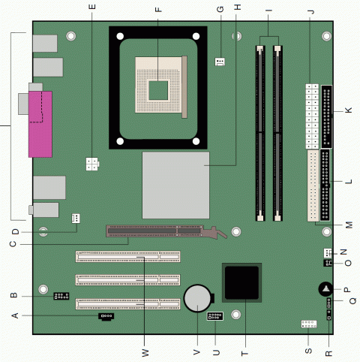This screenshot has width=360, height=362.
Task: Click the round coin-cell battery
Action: (197, 298)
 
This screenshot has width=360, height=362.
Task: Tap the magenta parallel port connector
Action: (40, 125)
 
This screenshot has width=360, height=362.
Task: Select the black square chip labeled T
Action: (241, 282)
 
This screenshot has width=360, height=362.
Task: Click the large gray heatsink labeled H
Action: (175, 185)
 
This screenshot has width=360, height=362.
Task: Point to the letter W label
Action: (145, 353)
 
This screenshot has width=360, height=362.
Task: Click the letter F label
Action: (158, 10)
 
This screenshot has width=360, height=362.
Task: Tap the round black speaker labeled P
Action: (325, 289)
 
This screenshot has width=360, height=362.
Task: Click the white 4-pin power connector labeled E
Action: (92, 164)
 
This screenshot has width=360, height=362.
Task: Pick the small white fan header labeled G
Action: (220, 62)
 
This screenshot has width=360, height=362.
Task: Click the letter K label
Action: (349, 110)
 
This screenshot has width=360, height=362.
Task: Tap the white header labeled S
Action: (309, 324)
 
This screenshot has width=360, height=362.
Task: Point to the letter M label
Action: (349, 225)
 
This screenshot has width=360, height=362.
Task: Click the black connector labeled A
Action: (106, 316)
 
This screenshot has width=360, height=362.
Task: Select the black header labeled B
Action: (61, 296)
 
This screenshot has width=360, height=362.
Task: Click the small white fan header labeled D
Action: (76, 219)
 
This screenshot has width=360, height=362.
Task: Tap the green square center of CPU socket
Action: (158, 90)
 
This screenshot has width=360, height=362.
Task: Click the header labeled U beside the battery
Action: (215, 316)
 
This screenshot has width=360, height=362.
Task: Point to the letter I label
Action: (268, 11)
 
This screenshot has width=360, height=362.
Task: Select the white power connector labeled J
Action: (312, 116)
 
